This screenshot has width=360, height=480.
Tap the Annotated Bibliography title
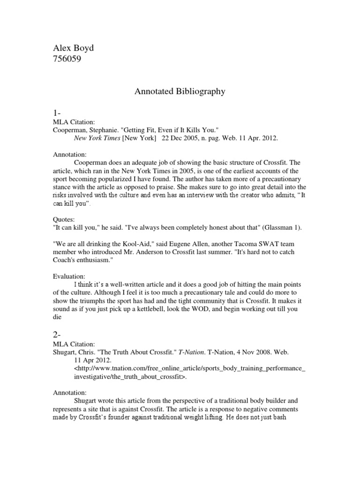[180, 92]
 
